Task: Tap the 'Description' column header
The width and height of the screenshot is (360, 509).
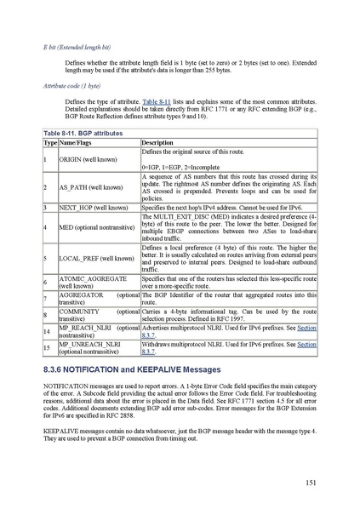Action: (x=157, y=142)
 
